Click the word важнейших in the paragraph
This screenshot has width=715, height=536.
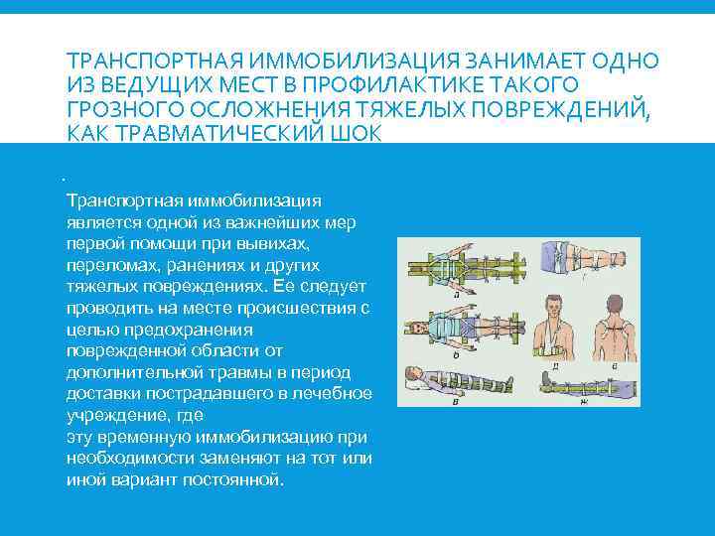pos(274,222)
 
